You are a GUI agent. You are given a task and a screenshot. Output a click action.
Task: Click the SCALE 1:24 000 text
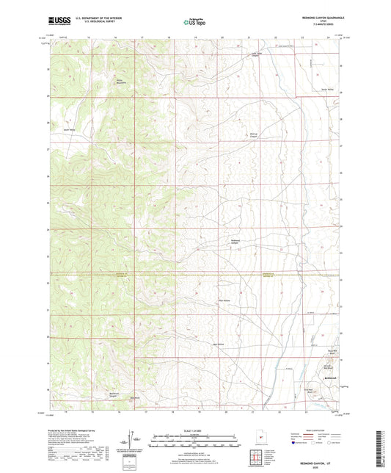(196, 430)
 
